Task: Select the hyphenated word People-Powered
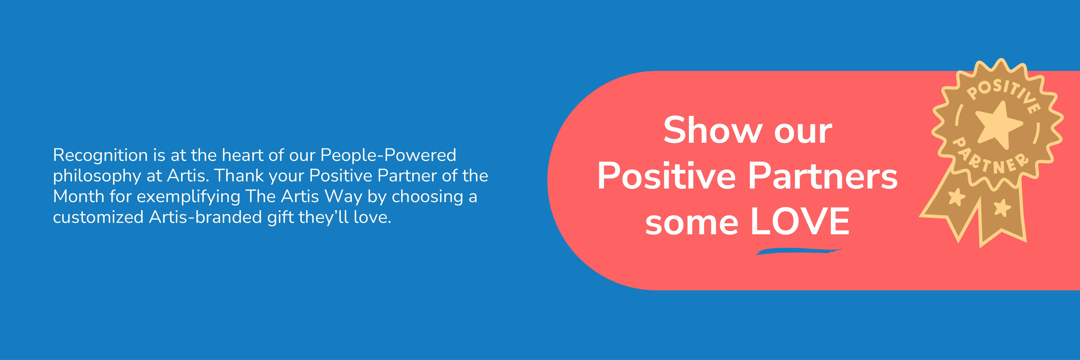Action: click(388, 155)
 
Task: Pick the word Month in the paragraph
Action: click(78, 196)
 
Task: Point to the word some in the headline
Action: click(692, 223)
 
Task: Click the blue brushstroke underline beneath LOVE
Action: click(799, 251)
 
